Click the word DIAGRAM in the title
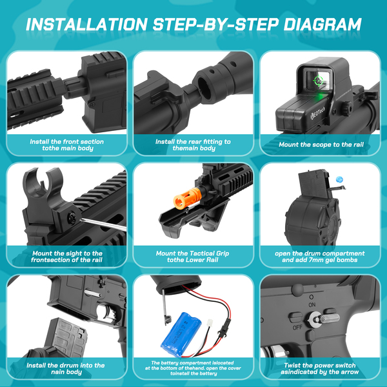[322, 25]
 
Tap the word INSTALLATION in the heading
[86, 25]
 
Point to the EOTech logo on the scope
[317, 112]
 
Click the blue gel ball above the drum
[339, 179]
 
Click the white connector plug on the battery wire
[210, 322]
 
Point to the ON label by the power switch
[312, 305]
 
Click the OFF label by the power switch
[297, 328]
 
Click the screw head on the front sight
[72, 217]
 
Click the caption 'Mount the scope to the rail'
[321, 144]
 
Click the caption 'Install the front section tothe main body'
[67, 145]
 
